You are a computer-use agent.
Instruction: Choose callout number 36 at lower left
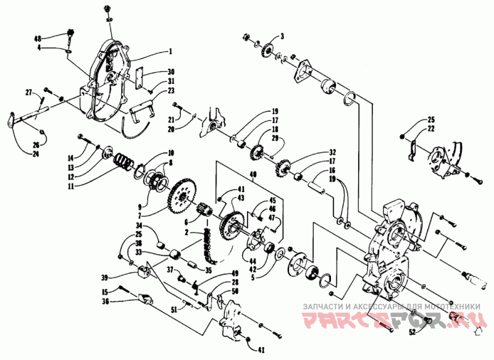(106, 301)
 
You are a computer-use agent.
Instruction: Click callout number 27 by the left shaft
(28, 92)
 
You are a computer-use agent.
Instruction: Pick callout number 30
(171, 71)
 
